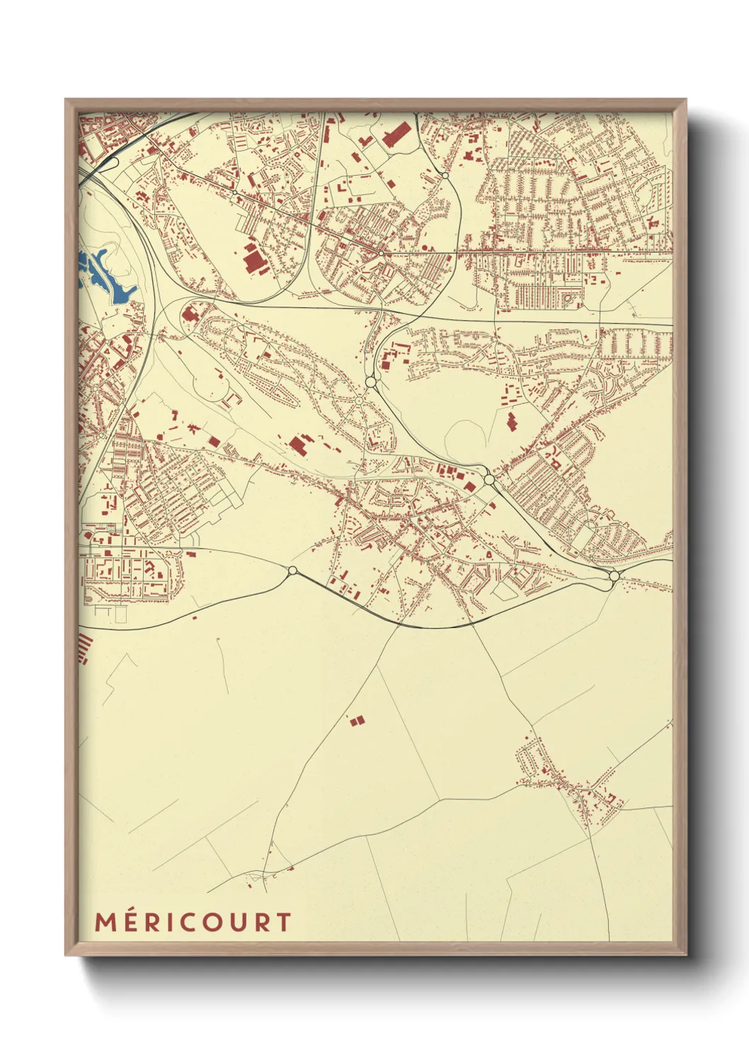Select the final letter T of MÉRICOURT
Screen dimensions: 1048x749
pos(284,923)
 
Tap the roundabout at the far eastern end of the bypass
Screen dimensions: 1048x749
pos(614,576)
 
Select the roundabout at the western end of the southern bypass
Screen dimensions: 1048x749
pos(292,570)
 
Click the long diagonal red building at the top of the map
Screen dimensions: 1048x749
pos(397,133)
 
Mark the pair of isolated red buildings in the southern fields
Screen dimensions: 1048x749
pos(357,720)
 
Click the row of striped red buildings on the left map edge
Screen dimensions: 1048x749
pos(84,648)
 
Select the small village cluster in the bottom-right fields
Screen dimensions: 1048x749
pos(566,779)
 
